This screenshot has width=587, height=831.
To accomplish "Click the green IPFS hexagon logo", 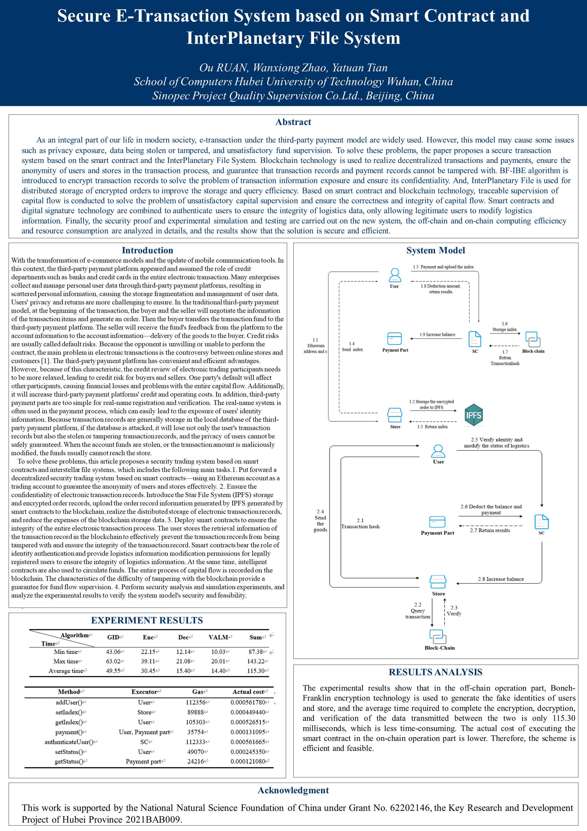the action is click(x=474, y=415).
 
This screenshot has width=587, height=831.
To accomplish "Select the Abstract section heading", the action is click(x=293, y=122).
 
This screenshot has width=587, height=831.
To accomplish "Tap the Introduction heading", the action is click(x=147, y=250).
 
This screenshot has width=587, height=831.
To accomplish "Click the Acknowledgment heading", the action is click(x=293, y=790).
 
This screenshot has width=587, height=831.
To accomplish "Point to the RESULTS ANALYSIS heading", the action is click(x=435, y=672).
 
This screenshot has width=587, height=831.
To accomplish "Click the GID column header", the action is click(x=113, y=637).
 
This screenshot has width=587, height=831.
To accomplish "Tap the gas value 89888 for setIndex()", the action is click(x=196, y=712).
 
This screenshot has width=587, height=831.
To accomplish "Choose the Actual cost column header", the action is click(x=248, y=692).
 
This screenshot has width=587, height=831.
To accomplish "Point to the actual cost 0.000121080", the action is click(x=248, y=761).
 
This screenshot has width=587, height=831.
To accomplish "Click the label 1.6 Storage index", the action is click(x=505, y=326).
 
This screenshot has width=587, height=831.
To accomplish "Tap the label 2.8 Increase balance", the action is click(x=501, y=579).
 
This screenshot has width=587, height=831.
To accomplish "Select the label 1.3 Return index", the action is click(x=432, y=427).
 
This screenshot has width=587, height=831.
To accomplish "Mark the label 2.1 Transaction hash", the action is click(x=360, y=523).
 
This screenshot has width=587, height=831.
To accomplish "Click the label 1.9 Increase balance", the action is click(x=437, y=334).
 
